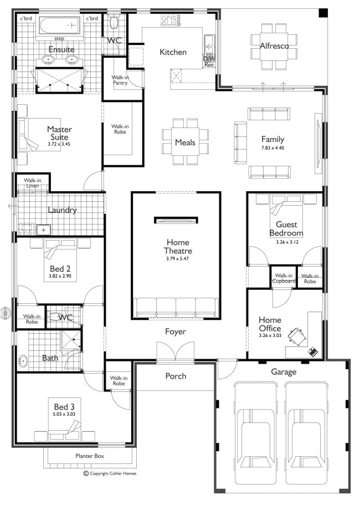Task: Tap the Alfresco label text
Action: click(x=274, y=46)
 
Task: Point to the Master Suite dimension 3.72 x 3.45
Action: click(x=59, y=144)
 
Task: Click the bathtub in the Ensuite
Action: click(x=58, y=25)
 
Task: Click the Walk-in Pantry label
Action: click(x=120, y=80)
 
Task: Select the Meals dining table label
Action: click(x=185, y=142)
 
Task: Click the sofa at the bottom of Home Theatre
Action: click(x=176, y=307)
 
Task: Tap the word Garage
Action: click(x=283, y=372)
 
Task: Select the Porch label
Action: click(x=176, y=376)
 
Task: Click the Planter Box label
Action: click(x=90, y=456)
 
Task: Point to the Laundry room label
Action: click(x=61, y=210)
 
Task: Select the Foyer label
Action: click(x=175, y=331)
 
